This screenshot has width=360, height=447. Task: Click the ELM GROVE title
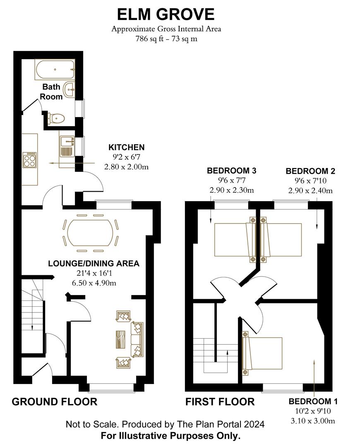tap(166, 14)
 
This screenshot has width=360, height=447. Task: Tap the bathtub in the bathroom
tap(55, 70)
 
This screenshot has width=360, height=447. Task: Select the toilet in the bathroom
tap(55, 119)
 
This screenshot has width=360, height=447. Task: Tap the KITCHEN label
tap(126, 147)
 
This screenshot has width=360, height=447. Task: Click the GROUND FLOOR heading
tap(54, 401)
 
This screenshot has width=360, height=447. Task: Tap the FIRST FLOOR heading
tap(220, 401)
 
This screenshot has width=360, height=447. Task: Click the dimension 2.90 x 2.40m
tap(310, 190)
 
